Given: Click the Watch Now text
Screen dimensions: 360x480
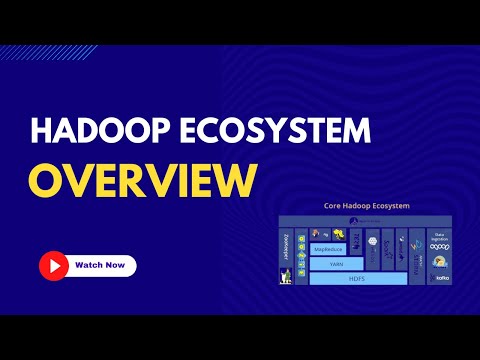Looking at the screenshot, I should [100, 266].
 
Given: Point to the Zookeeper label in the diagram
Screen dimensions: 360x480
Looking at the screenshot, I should [287, 248].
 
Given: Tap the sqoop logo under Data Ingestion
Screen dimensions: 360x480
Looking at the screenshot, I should [440, 248].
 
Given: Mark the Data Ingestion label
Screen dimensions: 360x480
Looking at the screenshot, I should [440, 235].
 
